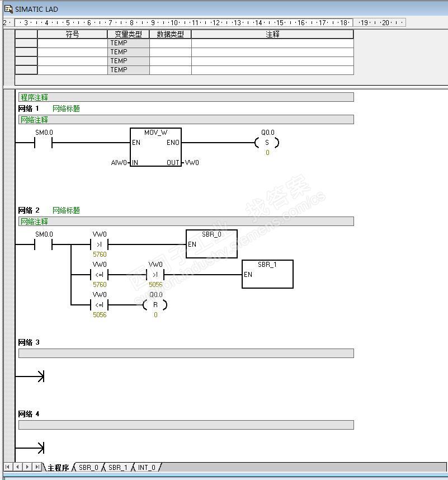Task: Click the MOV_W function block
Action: click(x=155, y=147)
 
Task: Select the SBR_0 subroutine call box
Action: click(x=211, y=244)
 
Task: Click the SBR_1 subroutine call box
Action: click(x=267, y=274)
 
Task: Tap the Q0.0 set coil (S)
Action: click(x=267, y=143)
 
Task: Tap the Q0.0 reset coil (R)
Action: click(x=155, y=305)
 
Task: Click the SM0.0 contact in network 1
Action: click(x=43, y=143)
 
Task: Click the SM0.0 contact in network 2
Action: click(x=43, y=244)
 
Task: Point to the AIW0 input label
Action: click(x=119, y=163)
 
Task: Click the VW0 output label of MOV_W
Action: click(x=192, y=163)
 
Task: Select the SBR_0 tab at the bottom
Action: click(x=88, y=467)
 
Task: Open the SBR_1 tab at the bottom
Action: click(x=117, y=467)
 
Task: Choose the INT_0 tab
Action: click(x=147, y=467)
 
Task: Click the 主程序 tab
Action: click(x=58, y=467)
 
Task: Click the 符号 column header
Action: click(x=72, y=34)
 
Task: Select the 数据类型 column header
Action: click(x=170, y=34)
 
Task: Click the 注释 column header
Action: click(x=272, y=34)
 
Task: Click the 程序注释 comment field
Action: click(x=186, y=97)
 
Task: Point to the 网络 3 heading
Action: click(x=29, y=342)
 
